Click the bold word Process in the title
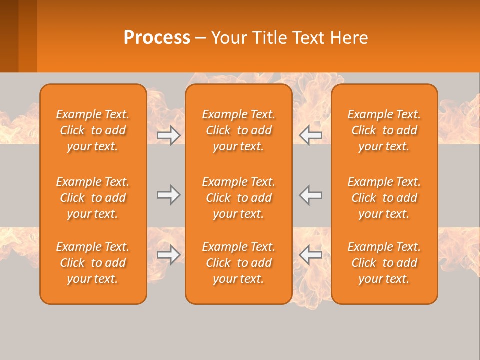point(157,38)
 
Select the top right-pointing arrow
point(169,135)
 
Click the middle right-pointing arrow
point(169,195)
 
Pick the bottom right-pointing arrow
point(169,255)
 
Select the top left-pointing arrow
point(311,135)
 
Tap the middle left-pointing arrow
point(311,195)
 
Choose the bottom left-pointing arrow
point(311,255)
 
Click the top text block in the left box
point(93,130)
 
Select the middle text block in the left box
point(93,198)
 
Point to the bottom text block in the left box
point(93,263)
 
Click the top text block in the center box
point(239,130)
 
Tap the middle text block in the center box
point(239,198)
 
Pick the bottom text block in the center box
point(239,263)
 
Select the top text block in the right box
point(384,130)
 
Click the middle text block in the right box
point(384,198)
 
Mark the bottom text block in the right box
point(384,263)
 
